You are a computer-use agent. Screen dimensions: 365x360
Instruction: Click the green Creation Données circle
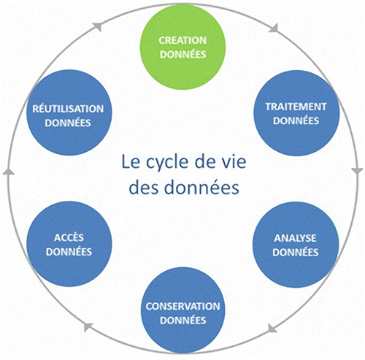click(182, 47)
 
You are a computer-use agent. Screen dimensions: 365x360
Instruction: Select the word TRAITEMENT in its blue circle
click(296, 107)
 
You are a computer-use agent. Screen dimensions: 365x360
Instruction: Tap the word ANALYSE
click(295, 238)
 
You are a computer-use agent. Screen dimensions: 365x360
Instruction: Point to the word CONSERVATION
click(182, 306)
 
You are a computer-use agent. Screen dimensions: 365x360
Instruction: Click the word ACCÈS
click(69, 237)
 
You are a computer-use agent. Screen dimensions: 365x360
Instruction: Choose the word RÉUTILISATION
click(68, 109)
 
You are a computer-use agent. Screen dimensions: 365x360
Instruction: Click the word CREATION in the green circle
click(182, 40)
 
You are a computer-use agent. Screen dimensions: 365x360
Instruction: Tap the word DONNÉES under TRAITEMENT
click(296, 120)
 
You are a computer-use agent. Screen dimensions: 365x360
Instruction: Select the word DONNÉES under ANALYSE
click(296, 252)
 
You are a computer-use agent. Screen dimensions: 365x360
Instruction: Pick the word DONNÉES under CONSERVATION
click(183, 320)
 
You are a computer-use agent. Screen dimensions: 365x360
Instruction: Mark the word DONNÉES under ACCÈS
click(69, 252)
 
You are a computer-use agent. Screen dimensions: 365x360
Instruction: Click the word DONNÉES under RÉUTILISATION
click(68, 123)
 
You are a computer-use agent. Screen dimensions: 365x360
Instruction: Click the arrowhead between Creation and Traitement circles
click(274, 28)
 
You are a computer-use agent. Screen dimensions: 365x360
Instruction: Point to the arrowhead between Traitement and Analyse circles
click(358, 171)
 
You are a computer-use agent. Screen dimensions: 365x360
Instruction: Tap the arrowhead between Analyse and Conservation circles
click(273, 329)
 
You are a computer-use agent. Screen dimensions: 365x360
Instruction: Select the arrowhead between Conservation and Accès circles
click(88, 327)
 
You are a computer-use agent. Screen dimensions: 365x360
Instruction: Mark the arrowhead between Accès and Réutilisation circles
click(8, 171)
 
